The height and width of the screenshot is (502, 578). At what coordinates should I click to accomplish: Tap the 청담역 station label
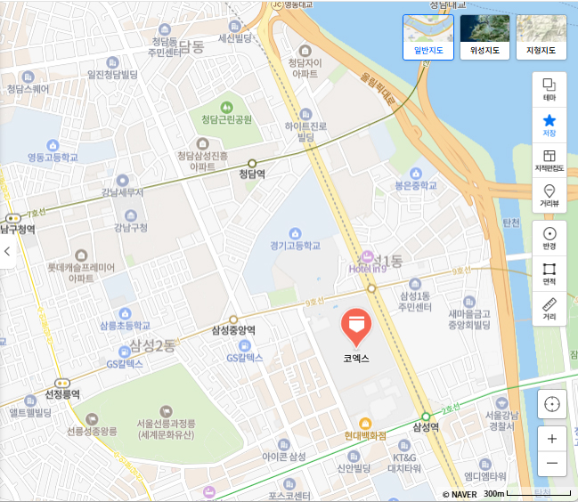pos(253,174)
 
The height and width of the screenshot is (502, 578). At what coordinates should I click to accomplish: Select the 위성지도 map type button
pos(484,36)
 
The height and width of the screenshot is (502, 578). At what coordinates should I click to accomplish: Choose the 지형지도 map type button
pos(541,36)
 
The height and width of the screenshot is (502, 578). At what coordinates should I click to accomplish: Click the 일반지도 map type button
pos(428,36)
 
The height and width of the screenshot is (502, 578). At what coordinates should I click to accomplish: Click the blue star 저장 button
pos(549,125)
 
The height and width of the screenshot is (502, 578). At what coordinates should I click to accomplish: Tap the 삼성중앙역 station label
pos(233,330)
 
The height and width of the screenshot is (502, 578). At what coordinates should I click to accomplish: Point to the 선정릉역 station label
pos(62,393)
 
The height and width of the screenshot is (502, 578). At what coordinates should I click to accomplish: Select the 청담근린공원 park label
pos(226,119)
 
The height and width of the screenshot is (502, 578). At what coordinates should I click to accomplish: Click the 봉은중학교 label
pos(416,187)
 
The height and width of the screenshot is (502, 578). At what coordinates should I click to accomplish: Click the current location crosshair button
pos(552,404)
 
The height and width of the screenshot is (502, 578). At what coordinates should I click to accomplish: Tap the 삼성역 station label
pos(427,427)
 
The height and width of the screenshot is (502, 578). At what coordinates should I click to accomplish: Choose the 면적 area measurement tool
pos(549,273)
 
